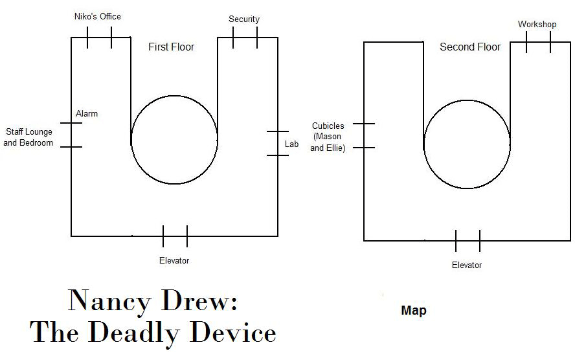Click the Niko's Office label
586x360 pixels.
point(97,16)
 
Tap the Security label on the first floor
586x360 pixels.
point(244,19)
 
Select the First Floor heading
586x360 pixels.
point(171,47)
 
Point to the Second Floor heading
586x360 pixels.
point(470,47)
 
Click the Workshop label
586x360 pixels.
point(537,25)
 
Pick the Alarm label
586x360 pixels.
point(87,113)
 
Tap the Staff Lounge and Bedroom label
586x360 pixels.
point(28,137)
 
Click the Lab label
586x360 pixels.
point(291,144)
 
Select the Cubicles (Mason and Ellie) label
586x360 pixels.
point(328,137)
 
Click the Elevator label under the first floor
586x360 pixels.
point(174,261)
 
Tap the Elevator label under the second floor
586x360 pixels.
point(467,265)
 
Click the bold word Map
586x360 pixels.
point(414,311)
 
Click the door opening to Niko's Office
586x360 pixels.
point(99,37)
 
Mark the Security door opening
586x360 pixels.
point(245,37)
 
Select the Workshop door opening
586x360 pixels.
point(538,42)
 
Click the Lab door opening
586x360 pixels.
point(278,143)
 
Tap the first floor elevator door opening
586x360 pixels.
point(175,236)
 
